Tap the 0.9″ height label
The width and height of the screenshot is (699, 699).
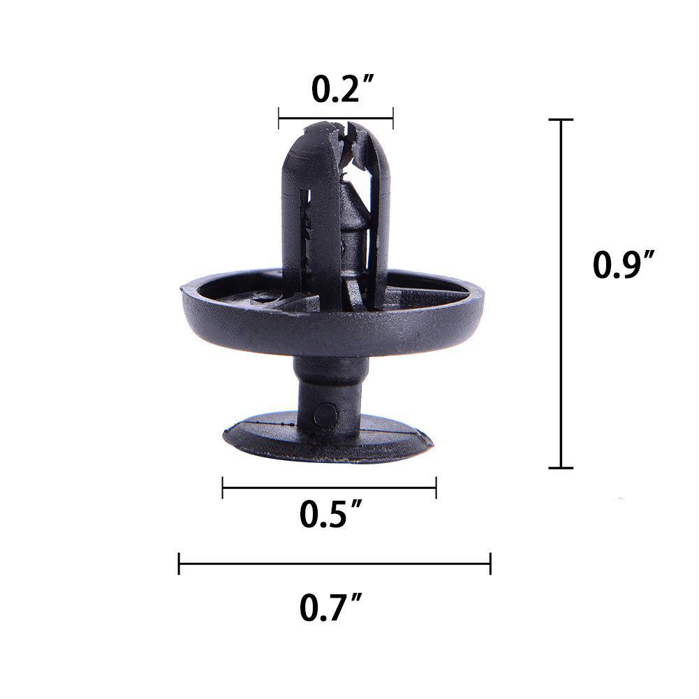point(624,265)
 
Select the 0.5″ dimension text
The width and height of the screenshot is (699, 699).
point(329,515)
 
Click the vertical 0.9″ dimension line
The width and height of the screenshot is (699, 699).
point(561,293)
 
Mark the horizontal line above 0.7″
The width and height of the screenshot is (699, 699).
point(335,563)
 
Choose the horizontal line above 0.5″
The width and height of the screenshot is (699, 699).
point(329,487)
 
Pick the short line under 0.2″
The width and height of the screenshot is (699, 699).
point(336,118)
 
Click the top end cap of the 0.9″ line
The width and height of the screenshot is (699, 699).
point(561,120)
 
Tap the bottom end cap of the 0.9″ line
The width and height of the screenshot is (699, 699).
point(561,467)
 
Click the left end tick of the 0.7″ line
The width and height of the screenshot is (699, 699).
point(179,563)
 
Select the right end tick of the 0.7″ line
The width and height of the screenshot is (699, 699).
point(491,563)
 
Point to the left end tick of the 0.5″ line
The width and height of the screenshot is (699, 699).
point(223,487)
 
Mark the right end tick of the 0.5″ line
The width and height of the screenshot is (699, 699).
point(436,487)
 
